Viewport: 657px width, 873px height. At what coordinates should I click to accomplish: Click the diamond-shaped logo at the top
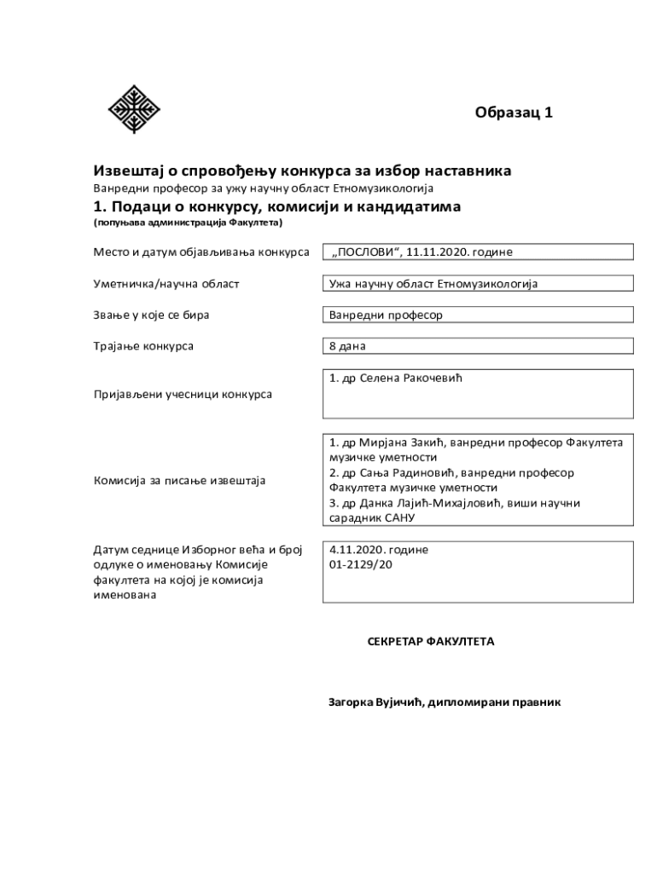click(x=134, y=109)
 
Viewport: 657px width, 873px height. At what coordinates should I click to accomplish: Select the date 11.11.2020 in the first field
click(x=439, y=252)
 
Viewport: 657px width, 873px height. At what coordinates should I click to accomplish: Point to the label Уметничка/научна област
click(x=166, y=284)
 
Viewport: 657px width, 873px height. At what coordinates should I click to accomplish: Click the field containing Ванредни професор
click(x=477, y=315)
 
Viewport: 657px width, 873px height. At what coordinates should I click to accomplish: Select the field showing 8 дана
click(x=477, y=346)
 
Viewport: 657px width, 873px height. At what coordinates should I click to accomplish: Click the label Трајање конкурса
click(x=143, y=346)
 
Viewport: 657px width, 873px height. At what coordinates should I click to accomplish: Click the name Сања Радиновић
click(x=392, y=472)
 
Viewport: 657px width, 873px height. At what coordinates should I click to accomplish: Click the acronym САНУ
click(x=396, y=518)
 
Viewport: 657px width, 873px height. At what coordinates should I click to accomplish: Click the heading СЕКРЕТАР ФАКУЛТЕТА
click(x=431, y=641)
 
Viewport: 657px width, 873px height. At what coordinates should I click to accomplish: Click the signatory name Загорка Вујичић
click(x=375, y=703)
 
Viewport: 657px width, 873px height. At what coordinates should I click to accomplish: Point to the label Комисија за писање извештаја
click(x=179, y=481)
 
